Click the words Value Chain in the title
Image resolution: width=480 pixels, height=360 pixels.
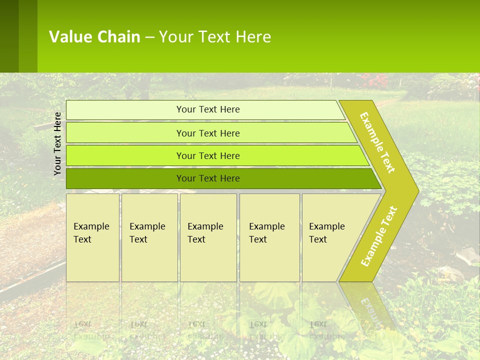[x=94, y=37]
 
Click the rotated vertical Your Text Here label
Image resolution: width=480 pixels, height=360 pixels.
[x=57, y=143]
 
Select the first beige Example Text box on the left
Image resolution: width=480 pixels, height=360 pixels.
[x=92, y=237]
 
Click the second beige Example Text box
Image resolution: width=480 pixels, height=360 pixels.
[x=149, y=237]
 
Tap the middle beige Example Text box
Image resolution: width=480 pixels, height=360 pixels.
[x=208, y=237]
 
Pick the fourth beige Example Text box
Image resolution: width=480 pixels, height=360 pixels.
[x=269, y=237]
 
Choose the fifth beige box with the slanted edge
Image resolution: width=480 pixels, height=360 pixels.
[x=330, y=237]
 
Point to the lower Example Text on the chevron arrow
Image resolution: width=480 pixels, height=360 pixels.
[x=379, y=236]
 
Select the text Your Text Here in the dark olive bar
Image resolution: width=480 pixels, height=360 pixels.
[x=208, y=178]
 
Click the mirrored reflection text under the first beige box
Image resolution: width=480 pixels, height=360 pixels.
[x=91, y=330]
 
